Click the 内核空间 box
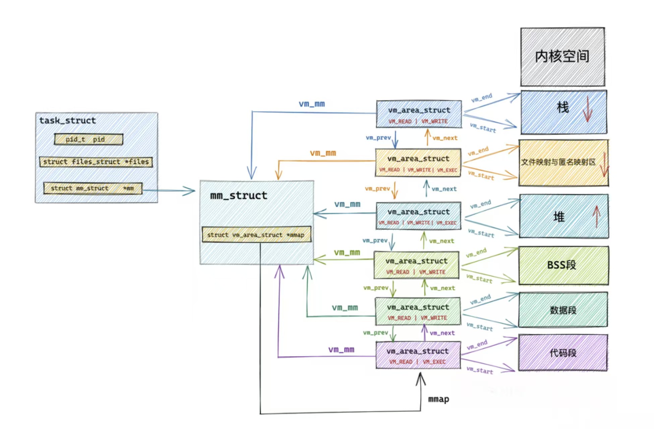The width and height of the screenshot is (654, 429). (x=562, y=57)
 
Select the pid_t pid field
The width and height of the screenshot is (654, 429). (x=88, y=139)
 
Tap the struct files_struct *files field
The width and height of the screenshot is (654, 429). (x=96, y=162)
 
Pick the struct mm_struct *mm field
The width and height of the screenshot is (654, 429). (x=93, y=188)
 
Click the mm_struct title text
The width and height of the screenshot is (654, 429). (x=239, y=195)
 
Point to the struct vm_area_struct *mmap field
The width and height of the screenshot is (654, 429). (x=256, y=234)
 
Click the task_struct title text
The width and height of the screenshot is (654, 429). (x=67, y=120)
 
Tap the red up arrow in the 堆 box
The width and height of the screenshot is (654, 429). (x=596, y=216)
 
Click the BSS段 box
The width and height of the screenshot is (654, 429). (x=563, y=265)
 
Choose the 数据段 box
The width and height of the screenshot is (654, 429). (x=563, y=310)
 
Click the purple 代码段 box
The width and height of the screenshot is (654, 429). (x=563, y=353)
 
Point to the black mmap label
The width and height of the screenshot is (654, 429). (x=438, y=399)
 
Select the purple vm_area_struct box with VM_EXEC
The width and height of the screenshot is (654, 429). (x=418, y=355)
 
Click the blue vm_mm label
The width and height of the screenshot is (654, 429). (x=312, y=104)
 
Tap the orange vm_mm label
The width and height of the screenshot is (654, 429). (x=323, y=153)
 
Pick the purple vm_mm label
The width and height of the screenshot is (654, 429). (x=341, y=350)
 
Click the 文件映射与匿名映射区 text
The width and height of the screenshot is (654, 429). (x=558, y=162)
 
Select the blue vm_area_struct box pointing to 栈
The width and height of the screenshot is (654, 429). (x=419, y=114)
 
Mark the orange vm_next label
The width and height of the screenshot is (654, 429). (x=445, y=138)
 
